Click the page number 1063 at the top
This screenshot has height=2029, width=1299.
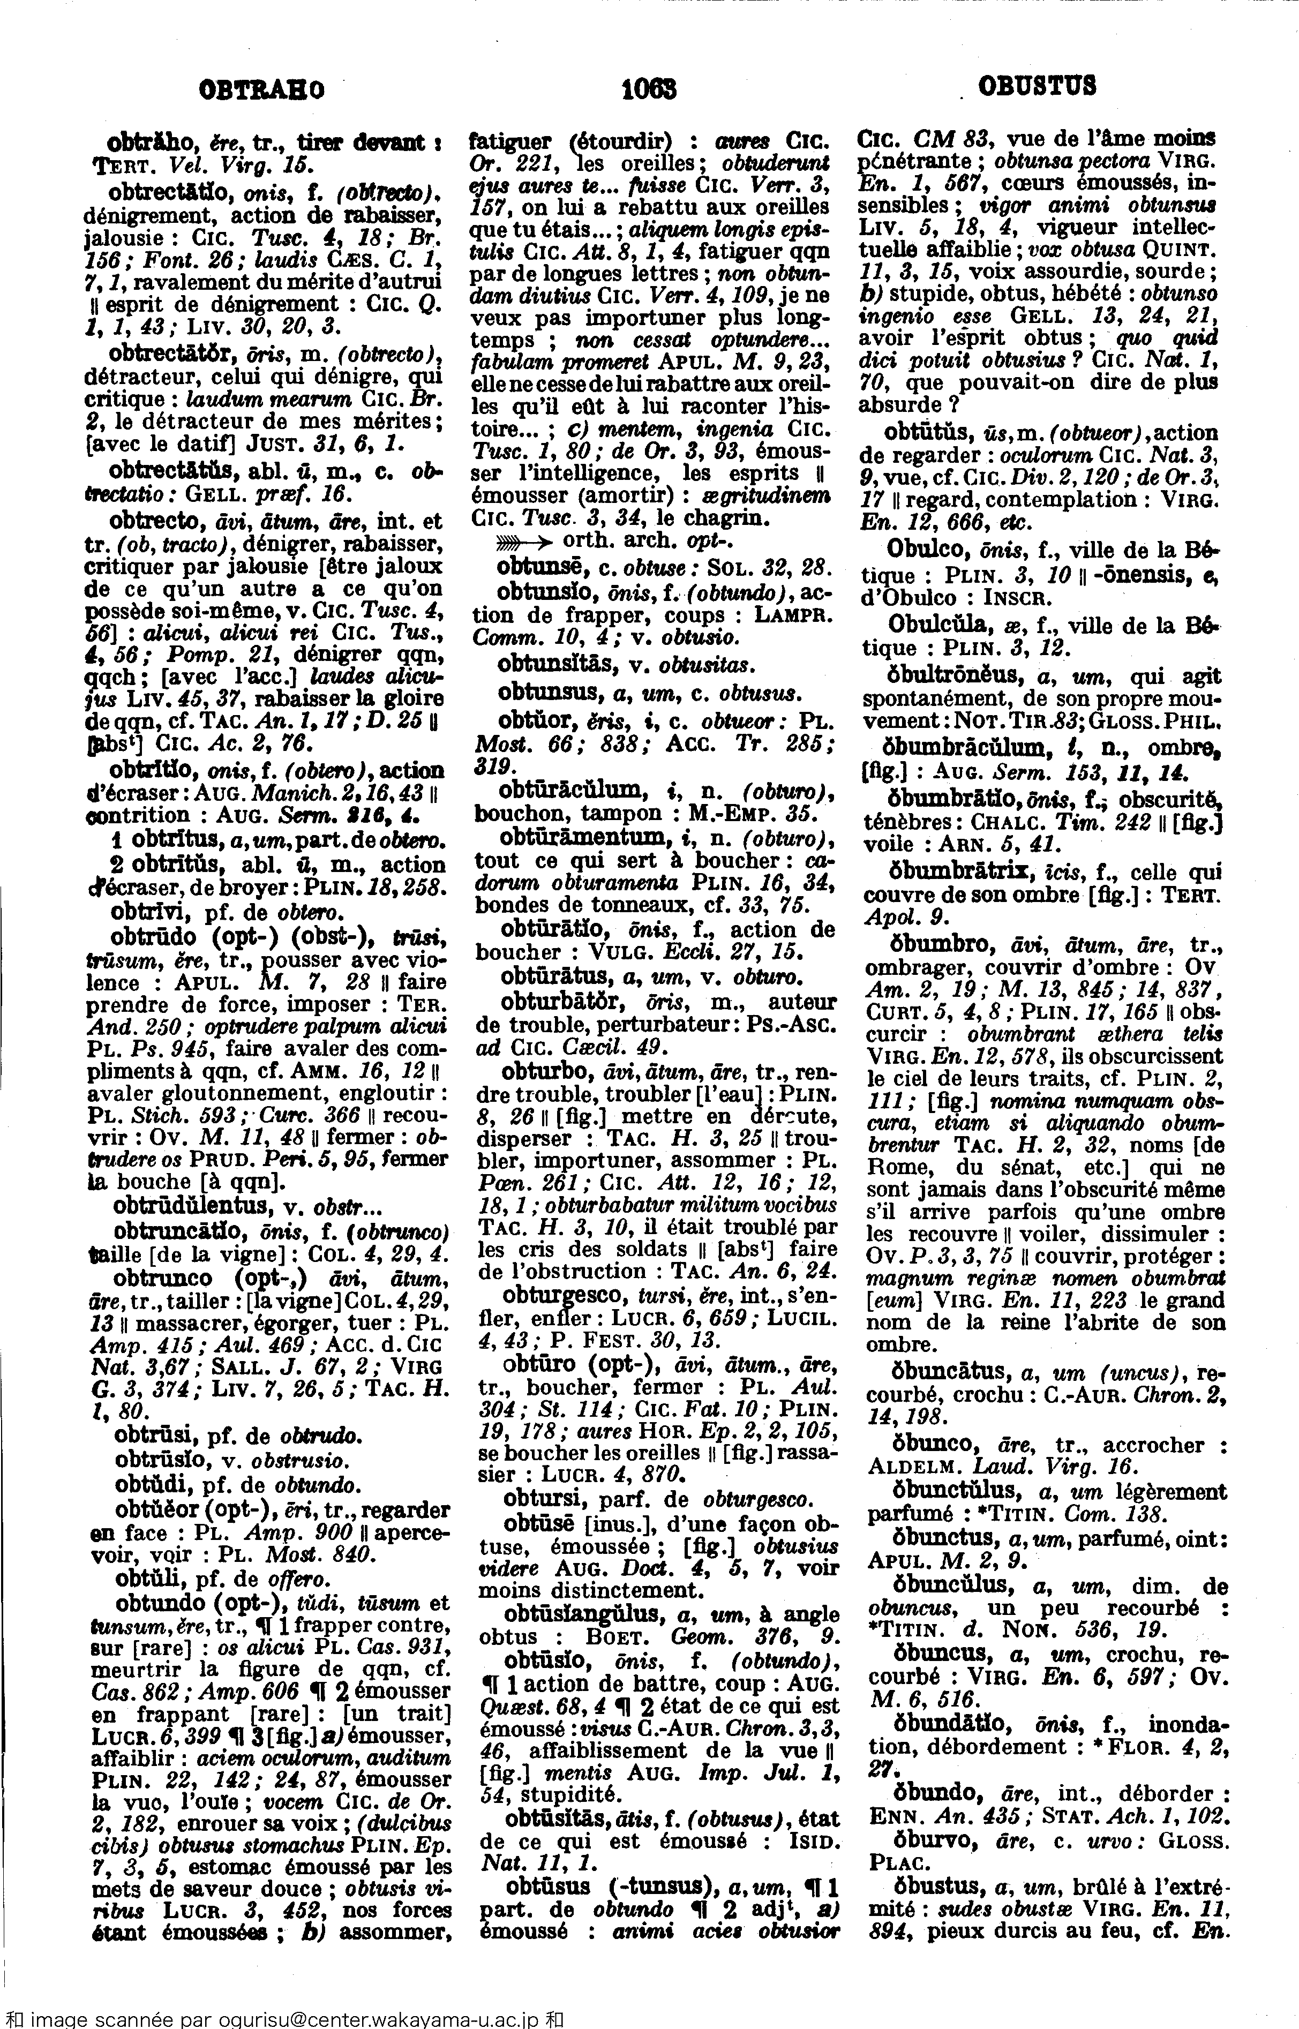click(649, 88)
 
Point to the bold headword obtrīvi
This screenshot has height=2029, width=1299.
click(148, 912)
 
